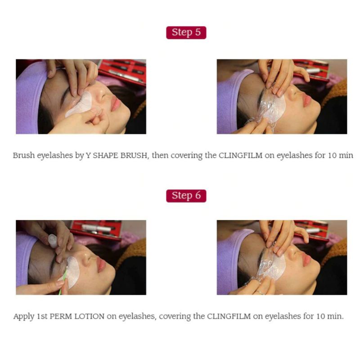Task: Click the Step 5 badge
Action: [x=186, y=32]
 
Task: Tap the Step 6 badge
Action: [x=186, y=196]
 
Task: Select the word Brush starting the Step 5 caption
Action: [x=24, y=155]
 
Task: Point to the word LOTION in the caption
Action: [x=89, y=316]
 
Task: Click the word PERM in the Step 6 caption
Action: [x=61, y=316]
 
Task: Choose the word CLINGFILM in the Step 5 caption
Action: [x=240, y=155]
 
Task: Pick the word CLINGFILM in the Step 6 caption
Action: [x=229, y=316]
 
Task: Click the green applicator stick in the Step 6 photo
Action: [x=63, y=280]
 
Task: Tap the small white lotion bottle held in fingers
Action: [x=53, y=241]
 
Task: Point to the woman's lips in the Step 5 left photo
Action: [x=116, y=103]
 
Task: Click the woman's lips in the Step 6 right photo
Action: [x=306, y=260]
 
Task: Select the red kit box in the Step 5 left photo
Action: [x=122, y=71]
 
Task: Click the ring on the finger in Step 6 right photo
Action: [x=260, y=292]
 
